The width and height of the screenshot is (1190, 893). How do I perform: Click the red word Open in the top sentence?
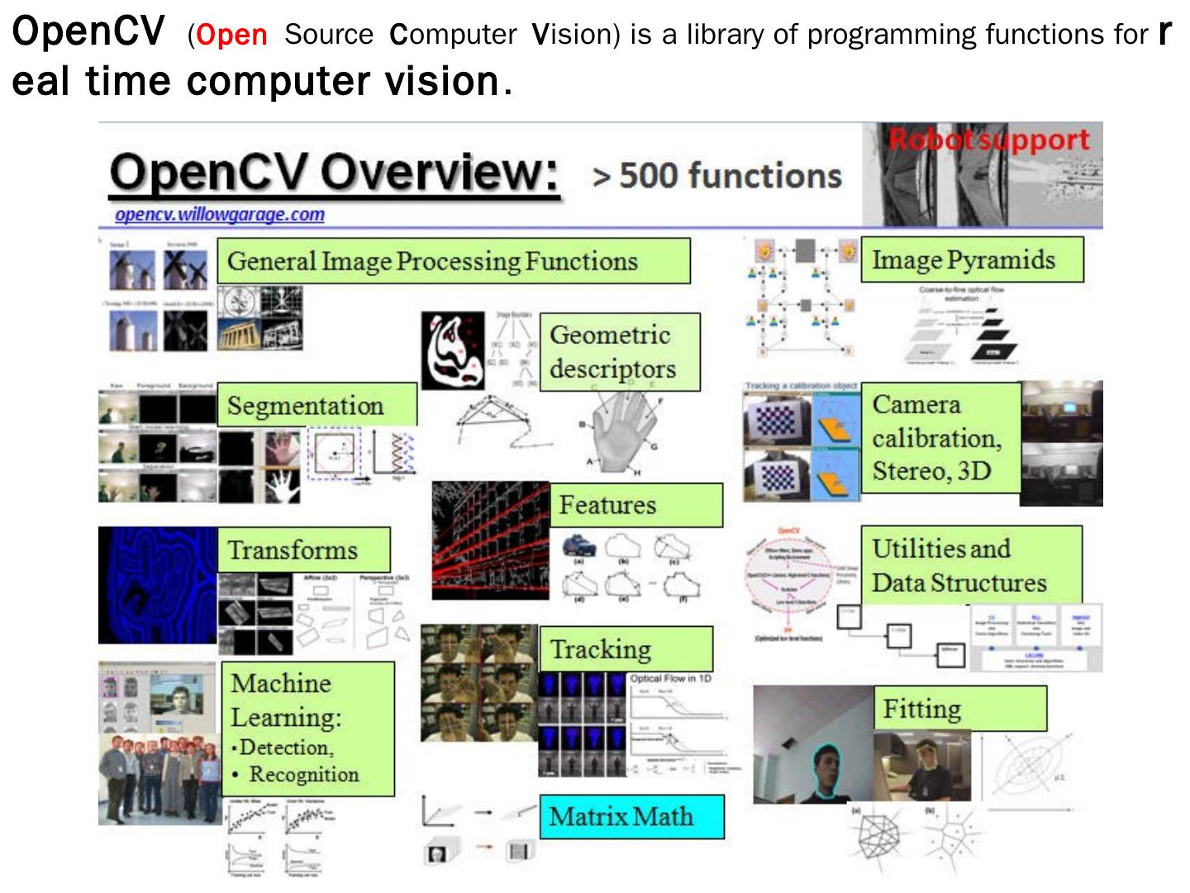[x=232, y=35]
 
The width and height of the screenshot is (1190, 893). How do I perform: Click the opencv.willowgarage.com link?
[x=220, y=214]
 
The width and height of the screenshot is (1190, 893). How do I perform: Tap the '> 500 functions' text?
[x=717, y=175]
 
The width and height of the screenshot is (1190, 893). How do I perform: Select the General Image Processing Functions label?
[x=453, y=261]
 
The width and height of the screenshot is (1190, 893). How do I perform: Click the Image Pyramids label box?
[x=971, y=260]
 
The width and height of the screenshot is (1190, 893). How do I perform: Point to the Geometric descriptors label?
[x=619, y=351]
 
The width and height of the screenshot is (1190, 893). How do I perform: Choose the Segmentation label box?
[x=317, y=405]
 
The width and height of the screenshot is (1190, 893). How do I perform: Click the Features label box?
[x=635, y=504]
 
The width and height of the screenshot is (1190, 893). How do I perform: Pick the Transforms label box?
[x=303, y=550]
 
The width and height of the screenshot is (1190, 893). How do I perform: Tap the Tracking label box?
[x=626, y=649]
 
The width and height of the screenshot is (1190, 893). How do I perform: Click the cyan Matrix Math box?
[x=631, y=816]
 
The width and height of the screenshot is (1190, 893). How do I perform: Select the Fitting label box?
[x=959, y=709]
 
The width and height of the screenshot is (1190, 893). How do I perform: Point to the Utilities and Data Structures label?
[x=970, y=565]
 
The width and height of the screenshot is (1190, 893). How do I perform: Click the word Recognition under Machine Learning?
[x=304, y=775]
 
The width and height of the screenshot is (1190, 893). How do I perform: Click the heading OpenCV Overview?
[x=334, y=174]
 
